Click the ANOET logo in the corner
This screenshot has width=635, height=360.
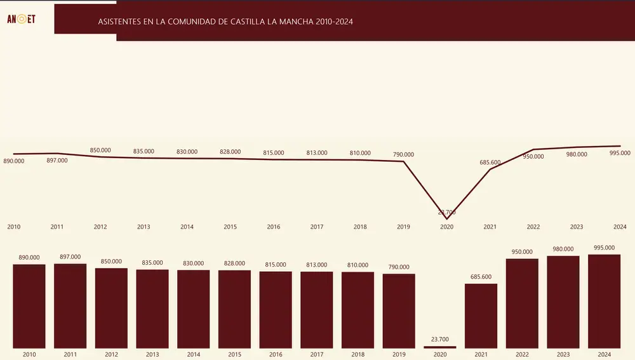pyautogui.click(x=21, y=19)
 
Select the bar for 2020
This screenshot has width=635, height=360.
pyautogui.click(x=440, y=347)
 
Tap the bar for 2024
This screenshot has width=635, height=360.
pyautogui.click(x=604, y=301)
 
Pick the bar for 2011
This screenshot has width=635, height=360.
pyautogui.click(x=70, y=305)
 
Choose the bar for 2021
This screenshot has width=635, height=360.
pyautogui.click(x=481, y=316)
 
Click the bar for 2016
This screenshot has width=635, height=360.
pyautogui.click(x=276, y=309)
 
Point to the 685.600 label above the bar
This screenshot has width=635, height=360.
pyautogui.click(x=481, y=277)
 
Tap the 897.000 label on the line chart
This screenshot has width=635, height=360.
pyautogui.click(x=57, y=161)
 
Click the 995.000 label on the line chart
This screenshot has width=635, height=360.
pyautogui.click(x=620, y=153)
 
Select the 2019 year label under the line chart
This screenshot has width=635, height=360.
pyautogui.click(x=403, y=227)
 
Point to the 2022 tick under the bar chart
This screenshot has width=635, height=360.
pyautogui.click(x=522, y=354)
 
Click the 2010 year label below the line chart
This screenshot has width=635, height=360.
pyautogui.click(x=14, y=227)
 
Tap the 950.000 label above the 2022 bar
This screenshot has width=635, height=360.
pyautogui.click(x=522, y=252)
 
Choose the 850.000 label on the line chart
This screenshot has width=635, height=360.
pyautogui.click(x=100, y=150)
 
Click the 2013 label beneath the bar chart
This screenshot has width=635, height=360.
pyautogui.click(x=152, y=354)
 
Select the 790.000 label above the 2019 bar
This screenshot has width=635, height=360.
pyautogui.click(x=399, y=267)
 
